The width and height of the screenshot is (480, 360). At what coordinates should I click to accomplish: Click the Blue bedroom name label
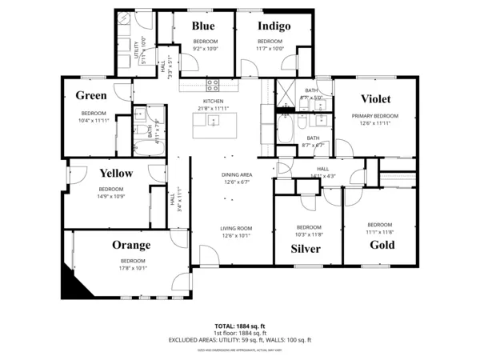204,26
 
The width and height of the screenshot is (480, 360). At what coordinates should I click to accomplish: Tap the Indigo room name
273,26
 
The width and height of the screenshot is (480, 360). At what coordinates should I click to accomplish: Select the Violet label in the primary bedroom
375,99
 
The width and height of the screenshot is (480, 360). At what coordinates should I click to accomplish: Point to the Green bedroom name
91,96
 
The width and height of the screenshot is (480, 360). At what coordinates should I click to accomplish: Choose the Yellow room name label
116,173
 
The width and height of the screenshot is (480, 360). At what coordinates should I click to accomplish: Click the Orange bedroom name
132,245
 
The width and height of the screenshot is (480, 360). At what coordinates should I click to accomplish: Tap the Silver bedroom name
306,250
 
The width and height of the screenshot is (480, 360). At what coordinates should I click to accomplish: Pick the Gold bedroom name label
382,245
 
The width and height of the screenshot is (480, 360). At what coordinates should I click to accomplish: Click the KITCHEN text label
213,102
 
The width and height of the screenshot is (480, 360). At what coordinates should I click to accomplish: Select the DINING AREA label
237,175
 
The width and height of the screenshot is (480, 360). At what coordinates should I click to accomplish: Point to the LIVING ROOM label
236,229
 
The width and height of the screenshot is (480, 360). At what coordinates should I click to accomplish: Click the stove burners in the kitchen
213,86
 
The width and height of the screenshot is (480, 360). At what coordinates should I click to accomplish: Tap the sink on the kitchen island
214,121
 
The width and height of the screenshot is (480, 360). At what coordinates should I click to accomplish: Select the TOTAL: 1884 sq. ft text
240,326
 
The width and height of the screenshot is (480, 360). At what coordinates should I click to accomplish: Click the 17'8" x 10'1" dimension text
133,268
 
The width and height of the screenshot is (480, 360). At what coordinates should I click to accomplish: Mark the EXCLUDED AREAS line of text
240,340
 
